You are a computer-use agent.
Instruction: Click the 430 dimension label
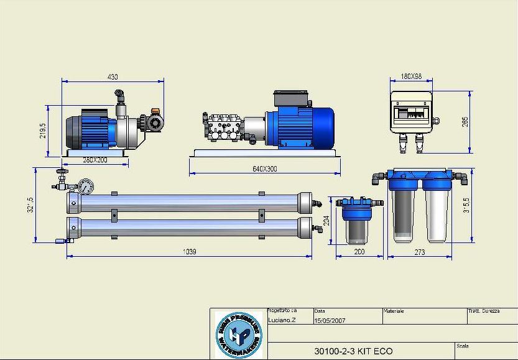click(x=113, y=77)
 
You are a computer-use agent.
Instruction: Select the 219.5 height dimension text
click(x=43, y=130)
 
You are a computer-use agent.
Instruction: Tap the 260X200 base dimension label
click(x=95, y=160)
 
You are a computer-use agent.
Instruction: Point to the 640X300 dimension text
click(x=265, y=169)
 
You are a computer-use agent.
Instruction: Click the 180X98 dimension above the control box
click(x=411, y=76)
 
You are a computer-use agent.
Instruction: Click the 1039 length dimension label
click(x=189, y=252)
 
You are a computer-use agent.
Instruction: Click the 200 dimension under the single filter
click(x=359, y=252)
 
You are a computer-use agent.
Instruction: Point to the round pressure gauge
click(x=86, y=185)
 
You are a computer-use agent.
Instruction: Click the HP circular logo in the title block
click(x=239, y=335)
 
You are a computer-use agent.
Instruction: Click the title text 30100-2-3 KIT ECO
click(x=353, y=351)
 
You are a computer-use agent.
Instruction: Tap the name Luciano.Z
click(x=282, y=320)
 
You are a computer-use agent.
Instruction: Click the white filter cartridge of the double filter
click(x=437, y=215)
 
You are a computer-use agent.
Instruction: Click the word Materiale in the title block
click(x=394, y=311)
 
